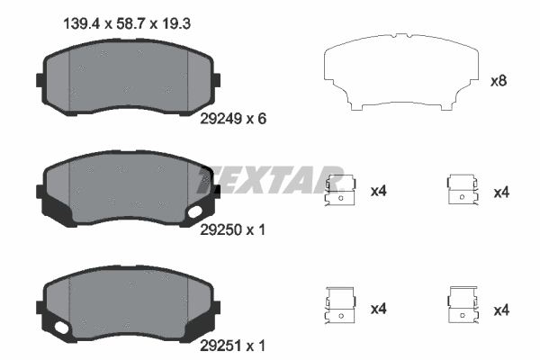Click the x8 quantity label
(498, 81)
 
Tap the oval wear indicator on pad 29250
(196, 212)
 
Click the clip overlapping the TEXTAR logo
(339, 192)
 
